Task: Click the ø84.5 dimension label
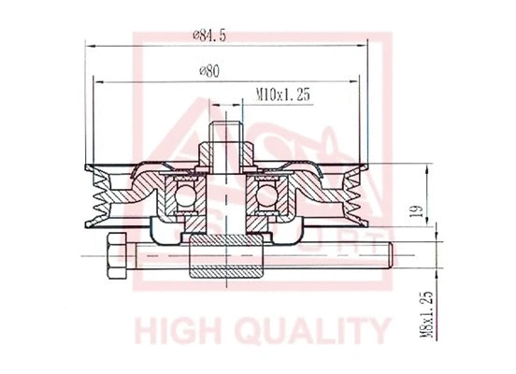212,36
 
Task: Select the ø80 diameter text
210,71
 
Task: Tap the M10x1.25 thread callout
284,93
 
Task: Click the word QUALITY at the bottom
314,331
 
